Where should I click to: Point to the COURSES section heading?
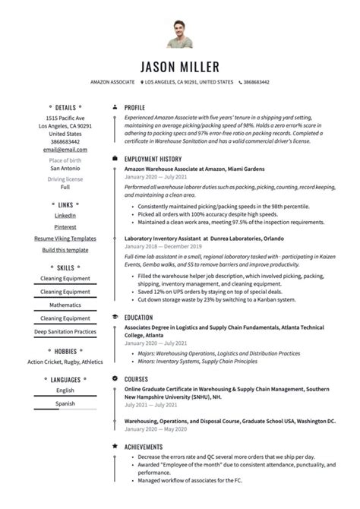(137, 378)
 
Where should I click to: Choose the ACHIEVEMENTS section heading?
(144, 447)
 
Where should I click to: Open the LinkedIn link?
(65, 216)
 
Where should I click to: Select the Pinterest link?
(65, 227)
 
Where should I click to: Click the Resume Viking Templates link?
(65, 239)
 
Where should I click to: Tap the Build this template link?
(65, 250)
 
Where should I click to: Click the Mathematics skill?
(65, 305)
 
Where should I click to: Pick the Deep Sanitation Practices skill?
(65, 331)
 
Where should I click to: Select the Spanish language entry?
(65, 403)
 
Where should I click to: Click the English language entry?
(65, 390)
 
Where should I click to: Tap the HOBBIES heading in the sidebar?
(65, 350)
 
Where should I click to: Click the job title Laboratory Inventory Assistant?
(173, 238)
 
